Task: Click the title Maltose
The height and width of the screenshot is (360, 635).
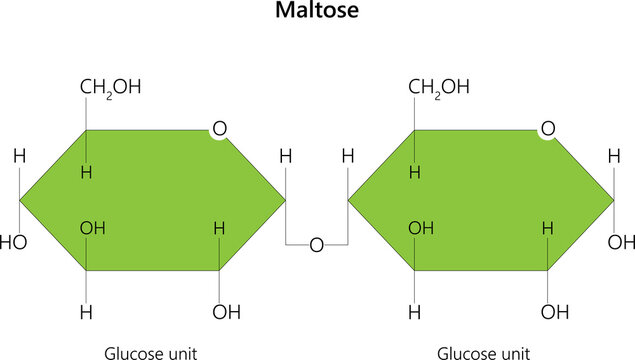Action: click(x=317, y=14)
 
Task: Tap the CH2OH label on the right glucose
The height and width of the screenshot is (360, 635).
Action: click(x=439, y=87)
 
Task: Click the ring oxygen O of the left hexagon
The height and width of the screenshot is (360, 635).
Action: click(x=218, y=129)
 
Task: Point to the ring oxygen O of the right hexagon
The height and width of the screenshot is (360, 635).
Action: click(x=547, y=129)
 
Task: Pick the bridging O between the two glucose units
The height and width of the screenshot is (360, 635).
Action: click(x=317, y=245)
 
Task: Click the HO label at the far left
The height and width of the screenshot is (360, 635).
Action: click(x=13, y=242)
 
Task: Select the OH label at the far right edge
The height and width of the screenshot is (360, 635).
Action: click(x=622, y=242)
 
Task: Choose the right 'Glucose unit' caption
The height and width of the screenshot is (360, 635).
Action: click(x=484, y=352)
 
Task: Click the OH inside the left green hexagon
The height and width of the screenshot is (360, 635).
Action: click(x=93, y=228)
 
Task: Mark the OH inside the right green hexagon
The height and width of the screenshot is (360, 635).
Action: click(x=421, y=228)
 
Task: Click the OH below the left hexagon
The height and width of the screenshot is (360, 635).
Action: click(x=227, y=311)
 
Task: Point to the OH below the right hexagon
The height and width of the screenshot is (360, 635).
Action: click(x=555, y=311)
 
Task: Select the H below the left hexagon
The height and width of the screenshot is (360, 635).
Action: click(x=87, y=311)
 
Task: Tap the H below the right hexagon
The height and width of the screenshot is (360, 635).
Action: click(x=415, y=311)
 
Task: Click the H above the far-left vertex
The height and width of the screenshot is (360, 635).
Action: click(x=19, y=156)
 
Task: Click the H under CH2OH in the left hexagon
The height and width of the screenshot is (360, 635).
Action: click(x=87, y=172)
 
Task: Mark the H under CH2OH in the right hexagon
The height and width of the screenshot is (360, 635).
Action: click(x=415, y=172)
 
